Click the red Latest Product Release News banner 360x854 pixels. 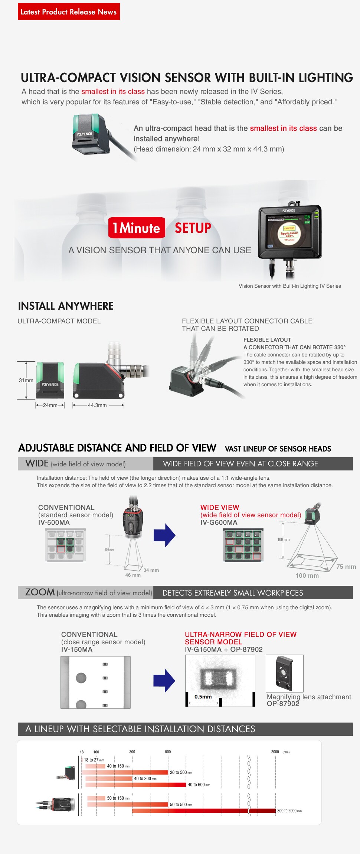coord(69,12)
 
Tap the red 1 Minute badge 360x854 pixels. coord(137,228)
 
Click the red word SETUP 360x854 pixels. coord(193,228)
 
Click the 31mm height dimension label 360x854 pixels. coord(26,380)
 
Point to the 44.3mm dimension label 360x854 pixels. coord(97,405)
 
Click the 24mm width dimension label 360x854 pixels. coord(50,405)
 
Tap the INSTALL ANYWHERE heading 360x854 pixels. coord(66,306)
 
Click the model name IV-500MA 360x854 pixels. coord(54,522)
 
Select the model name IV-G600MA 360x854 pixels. coord(219,522)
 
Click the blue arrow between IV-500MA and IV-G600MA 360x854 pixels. coord(164,535)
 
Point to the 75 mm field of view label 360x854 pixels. coord(346,567)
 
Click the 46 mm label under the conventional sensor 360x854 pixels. coord(133,575)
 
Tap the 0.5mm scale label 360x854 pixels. coord(203,697)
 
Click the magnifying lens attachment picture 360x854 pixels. coord(284,673)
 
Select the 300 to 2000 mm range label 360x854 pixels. coord(289,811)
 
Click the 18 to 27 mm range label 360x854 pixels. coord(94,760)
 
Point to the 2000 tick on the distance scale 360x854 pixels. coord(275,752)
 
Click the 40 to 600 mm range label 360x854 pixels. coord(199,785)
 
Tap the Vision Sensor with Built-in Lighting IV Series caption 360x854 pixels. coord(289,286)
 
